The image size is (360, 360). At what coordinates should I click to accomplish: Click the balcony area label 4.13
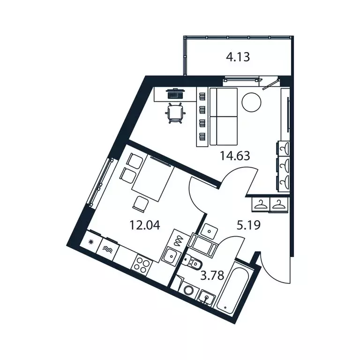point(238,58)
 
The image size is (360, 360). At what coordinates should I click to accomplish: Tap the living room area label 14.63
point(235,156)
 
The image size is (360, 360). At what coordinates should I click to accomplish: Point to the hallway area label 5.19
point(248,225)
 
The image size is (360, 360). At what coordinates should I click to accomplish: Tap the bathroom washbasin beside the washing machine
point(206,297)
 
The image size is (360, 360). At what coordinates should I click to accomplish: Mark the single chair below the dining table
point(141,203)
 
